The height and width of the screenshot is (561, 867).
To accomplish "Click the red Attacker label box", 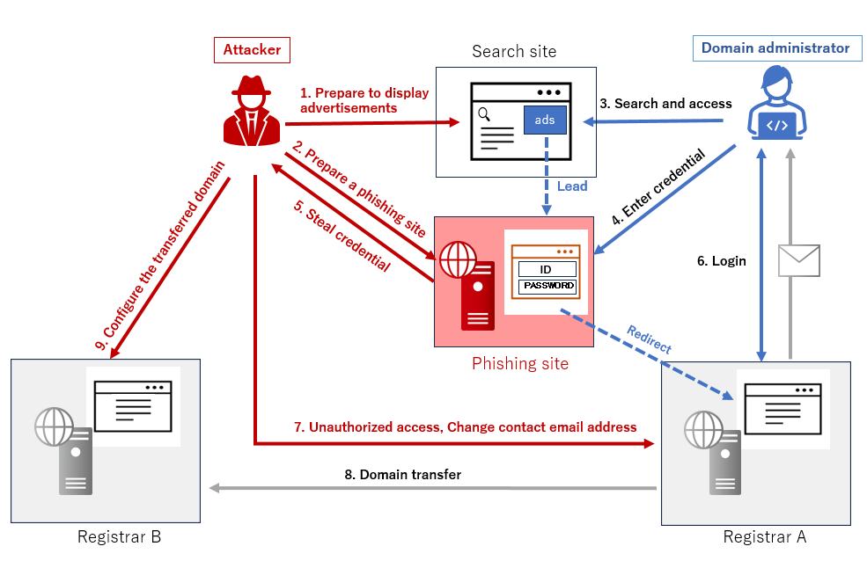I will tap(252, 49).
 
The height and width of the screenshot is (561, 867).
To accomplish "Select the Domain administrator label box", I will tap(775, 47).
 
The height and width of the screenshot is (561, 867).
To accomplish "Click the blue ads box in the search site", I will tap(545, 120).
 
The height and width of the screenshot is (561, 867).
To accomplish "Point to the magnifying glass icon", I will tap(483, 113).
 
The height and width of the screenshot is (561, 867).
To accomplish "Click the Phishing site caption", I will tap(520, 363).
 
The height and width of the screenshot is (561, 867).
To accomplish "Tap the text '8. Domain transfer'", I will tap(402, 475).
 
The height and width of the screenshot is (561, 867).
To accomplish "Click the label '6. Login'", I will tap(722, 261).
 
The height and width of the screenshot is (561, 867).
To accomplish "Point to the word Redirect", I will tap(649, 339).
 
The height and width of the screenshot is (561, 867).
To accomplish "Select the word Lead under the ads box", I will tap(572, 186).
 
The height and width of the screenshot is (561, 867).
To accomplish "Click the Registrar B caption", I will tap(119, 536).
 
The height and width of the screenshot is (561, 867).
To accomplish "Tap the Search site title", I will tap(514, 51).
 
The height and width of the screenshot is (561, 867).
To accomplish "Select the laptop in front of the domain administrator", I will tap(777, 126).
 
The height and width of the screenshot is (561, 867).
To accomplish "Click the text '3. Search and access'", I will tap(665, 104).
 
